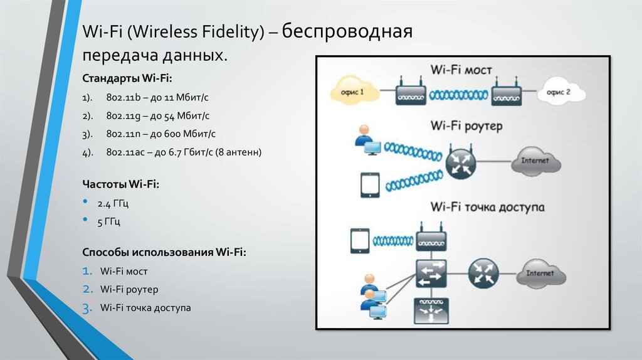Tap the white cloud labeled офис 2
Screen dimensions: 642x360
[x=561, y=92]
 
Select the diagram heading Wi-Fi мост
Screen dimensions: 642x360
[x=461, y=70]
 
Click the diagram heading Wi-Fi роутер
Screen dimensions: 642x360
[x=466, y=125]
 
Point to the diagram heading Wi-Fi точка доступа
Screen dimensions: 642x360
[x=487, y=207]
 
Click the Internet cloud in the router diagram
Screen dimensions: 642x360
[x=536, y=161]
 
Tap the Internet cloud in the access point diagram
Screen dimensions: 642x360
[x=541, y=273]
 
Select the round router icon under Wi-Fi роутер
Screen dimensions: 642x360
[x=461, y=163]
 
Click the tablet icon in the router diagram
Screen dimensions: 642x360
[x=370, y=185]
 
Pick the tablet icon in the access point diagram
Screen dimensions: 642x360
[x=360, y=241]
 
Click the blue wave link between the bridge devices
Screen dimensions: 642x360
[x=458, y=95]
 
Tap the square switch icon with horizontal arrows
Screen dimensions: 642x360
[x=431, y=273]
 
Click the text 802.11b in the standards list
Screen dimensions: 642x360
[x=124, y=97]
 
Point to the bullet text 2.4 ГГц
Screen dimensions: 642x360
[x=113, y=204]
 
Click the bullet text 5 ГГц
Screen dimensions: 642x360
[x=108, y=222]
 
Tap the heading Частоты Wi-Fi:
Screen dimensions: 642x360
[x=121, y=184]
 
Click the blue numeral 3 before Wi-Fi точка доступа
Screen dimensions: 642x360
[x=87, y=308]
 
